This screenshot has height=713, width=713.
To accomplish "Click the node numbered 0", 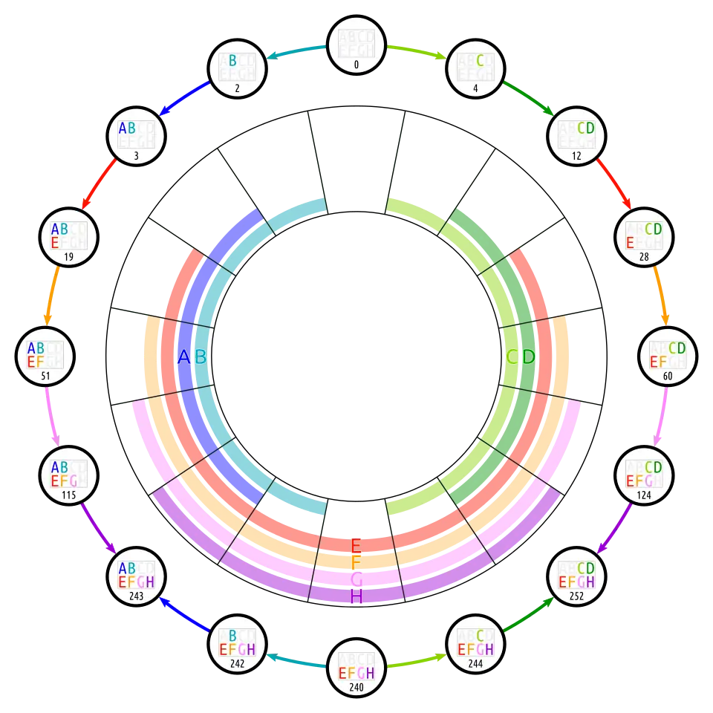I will tap(356, 47).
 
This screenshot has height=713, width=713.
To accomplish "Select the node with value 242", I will tap(237, 643).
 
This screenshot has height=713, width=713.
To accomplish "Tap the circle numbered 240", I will tap(356, 667).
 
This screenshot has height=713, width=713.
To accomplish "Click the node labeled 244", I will tap(476, 643).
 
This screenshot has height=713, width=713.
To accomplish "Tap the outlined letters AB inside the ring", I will tap(192, 357).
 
